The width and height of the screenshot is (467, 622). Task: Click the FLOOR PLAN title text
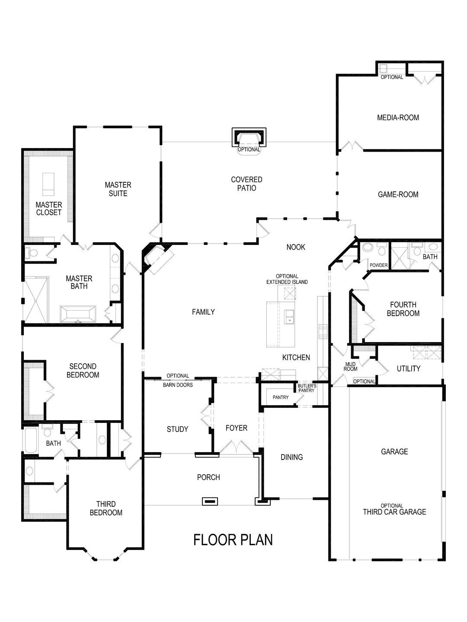coord(233,539)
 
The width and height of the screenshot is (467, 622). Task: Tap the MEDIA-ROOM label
coord(398,117)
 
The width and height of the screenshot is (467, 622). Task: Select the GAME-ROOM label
coord(398,195)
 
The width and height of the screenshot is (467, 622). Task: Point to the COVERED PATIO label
coord(246,184)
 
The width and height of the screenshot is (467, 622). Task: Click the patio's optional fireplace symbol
coord(249,137)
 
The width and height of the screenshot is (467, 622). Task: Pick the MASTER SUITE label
coord(118,189)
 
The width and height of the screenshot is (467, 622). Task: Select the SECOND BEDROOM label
coord(83,371)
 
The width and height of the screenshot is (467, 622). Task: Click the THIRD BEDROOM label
coord(109,508)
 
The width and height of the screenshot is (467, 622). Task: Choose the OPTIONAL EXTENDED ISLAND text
coord(287,279)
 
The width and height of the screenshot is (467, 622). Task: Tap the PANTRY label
coord(281,397)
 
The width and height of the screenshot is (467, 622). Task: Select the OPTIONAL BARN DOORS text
coord(178,380)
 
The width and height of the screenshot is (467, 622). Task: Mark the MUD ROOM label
coord(350,367)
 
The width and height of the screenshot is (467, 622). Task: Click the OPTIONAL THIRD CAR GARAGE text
coord(394,509)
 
